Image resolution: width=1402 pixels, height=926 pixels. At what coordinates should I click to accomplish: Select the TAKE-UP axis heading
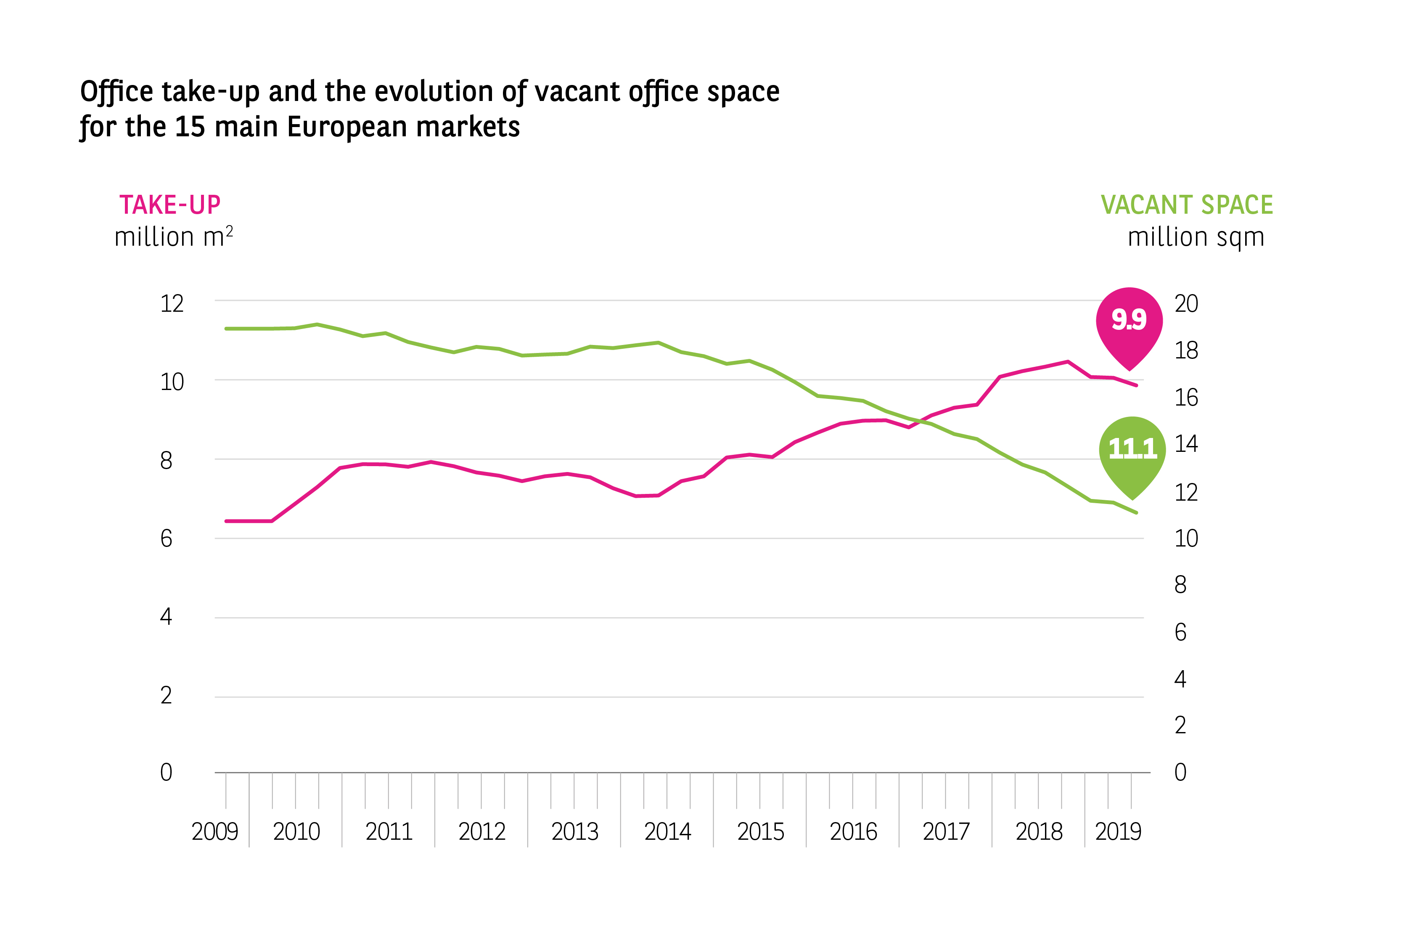[x=170, y=205]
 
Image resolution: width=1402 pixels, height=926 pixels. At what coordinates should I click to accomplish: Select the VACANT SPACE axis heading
[x=1187, y=205]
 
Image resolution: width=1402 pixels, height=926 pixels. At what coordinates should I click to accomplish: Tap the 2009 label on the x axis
[x=215, y=831]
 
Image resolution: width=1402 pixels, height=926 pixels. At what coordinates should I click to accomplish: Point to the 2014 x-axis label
[x=668, y=831]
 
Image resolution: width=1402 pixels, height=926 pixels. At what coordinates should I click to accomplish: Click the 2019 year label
[x=1118, y=831]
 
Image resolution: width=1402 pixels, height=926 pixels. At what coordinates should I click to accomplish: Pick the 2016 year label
[x=853, y=831]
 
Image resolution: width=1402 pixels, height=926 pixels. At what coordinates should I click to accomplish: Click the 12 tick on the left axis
[x=172, y=304]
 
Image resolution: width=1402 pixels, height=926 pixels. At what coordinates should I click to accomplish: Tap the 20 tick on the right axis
[x=1186, y=304]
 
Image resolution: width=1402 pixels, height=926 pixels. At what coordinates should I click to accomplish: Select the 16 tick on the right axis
[x=1186, y=398]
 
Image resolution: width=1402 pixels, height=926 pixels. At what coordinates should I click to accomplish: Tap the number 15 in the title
[x=190, y=127]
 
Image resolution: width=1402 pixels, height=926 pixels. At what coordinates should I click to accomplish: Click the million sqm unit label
[x=1196, y=237]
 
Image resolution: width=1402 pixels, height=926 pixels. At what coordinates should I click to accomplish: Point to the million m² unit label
[x=174, y=237]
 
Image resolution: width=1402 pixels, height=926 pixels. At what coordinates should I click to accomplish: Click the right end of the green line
[x=1136, y=512]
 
